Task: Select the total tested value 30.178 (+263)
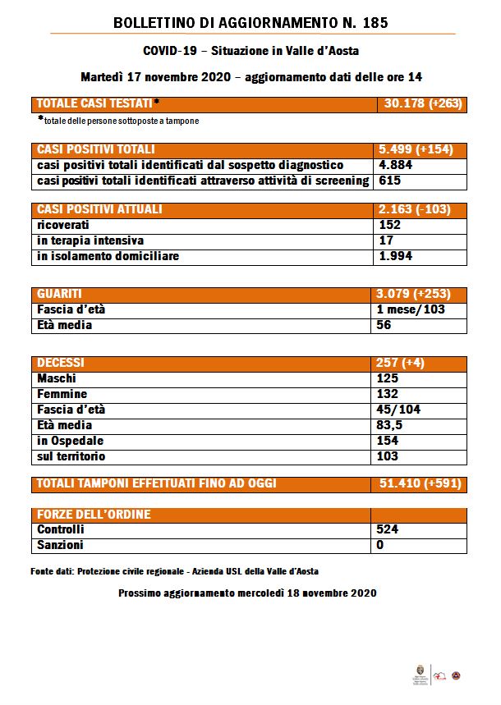[x=422, y=104]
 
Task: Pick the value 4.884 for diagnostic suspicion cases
[x=396, y=165]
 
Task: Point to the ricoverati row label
[x=63, y=225]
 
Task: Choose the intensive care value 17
[x=385, y=240]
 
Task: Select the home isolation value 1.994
[x=396, y=256]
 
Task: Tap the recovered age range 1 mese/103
[x=411, y=309]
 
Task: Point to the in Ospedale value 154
[x=388, y=441]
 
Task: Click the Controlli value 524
[x=388, y=529]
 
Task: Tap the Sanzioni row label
[x=61, y=545]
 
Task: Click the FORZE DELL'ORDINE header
[x=94, y=515]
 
